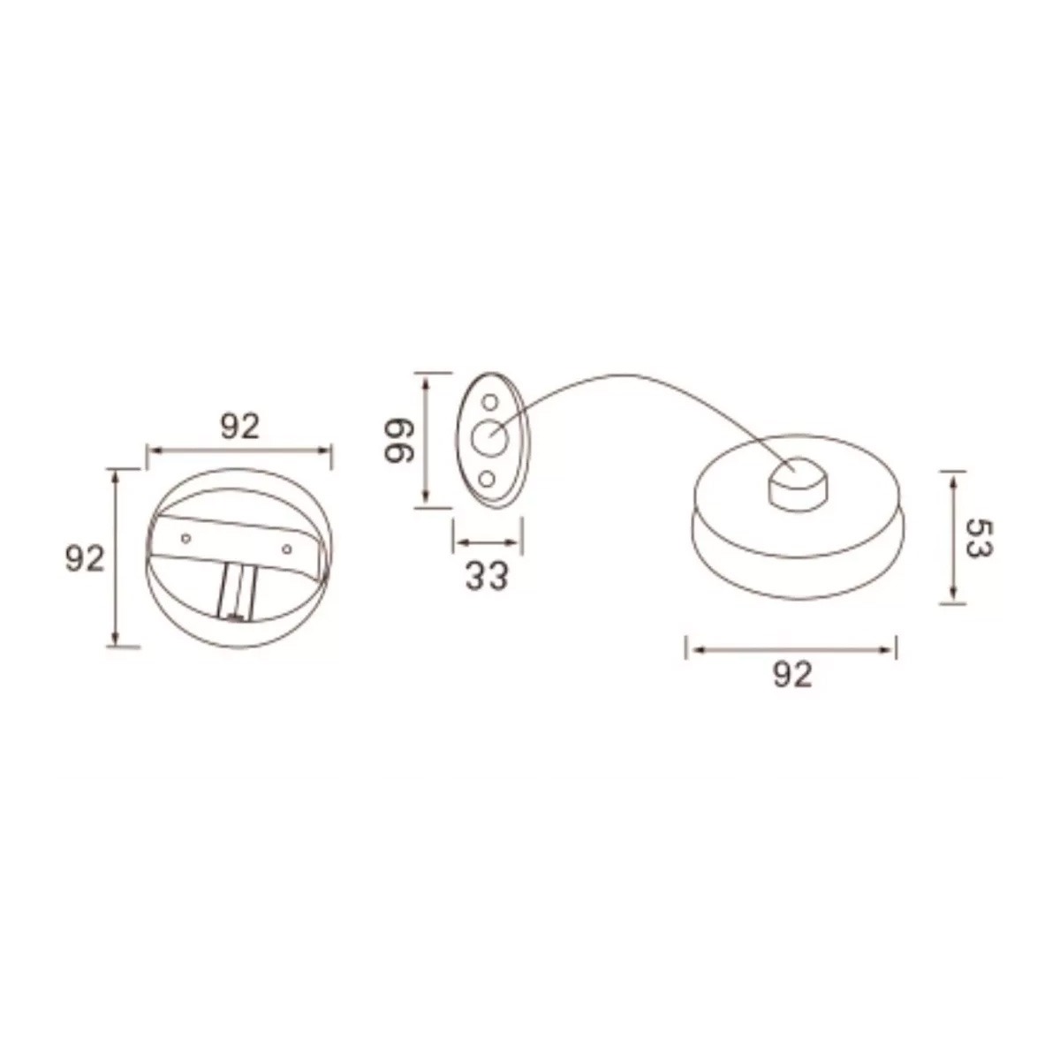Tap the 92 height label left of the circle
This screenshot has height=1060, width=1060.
85,559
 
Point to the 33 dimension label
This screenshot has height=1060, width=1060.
486,577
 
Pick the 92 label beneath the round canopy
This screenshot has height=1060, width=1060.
792,674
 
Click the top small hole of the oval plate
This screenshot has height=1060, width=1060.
489,402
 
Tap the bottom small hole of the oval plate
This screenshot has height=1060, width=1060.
486,479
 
